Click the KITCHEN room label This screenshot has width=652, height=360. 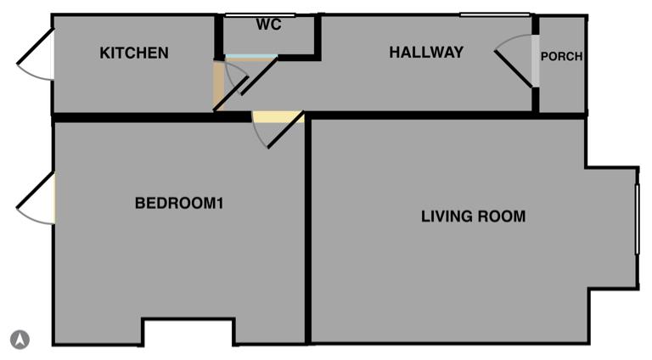point(134,53)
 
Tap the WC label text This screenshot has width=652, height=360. point(268,25)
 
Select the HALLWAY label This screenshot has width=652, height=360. point(426,53)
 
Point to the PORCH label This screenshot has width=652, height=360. point(561,57)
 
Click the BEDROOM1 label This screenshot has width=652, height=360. point(179,204)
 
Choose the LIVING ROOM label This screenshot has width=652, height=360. point(473,217)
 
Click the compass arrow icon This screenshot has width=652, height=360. point(20,340)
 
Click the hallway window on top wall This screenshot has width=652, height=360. point(495,14)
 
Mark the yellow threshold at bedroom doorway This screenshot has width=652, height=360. point(277,117)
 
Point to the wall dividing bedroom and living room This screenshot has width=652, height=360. point(308,229)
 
